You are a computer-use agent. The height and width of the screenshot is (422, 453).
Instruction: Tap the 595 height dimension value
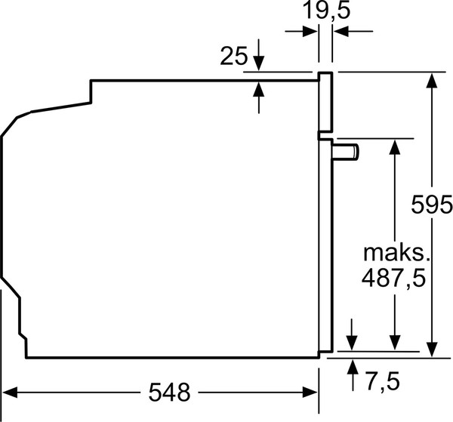pyautogui.click(x=433, y=205)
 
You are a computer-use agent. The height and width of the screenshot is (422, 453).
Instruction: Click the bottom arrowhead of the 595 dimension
pyautogui.click(x=432, y=348)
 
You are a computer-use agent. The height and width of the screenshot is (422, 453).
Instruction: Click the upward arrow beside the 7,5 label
pyautogui.click(x=352, y=368)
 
